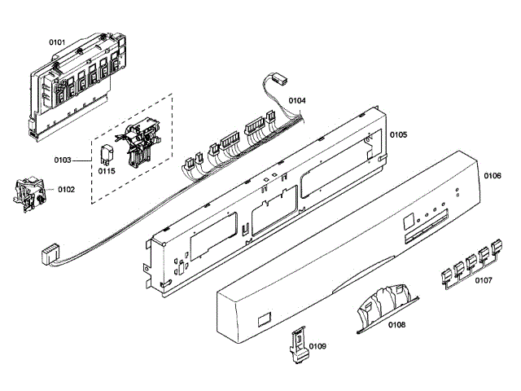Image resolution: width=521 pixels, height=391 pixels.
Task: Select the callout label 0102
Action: click(66, 189)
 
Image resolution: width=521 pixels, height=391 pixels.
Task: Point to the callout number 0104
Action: click(297, 101)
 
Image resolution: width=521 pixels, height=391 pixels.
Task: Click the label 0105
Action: click(397, 134)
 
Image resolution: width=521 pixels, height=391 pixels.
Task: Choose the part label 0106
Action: click(493, 176)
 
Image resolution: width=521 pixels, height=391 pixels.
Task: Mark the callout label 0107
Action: click(484, 281)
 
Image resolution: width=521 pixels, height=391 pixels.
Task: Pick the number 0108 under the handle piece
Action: click(397, 326)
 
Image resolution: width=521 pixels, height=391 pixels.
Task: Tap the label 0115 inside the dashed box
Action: click(107, 171)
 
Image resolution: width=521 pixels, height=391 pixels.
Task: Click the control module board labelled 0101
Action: click(77, 86)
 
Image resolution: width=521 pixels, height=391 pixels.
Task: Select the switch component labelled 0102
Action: click(28, 193)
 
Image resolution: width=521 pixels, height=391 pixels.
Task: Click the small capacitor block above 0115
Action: click(107, 152)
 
